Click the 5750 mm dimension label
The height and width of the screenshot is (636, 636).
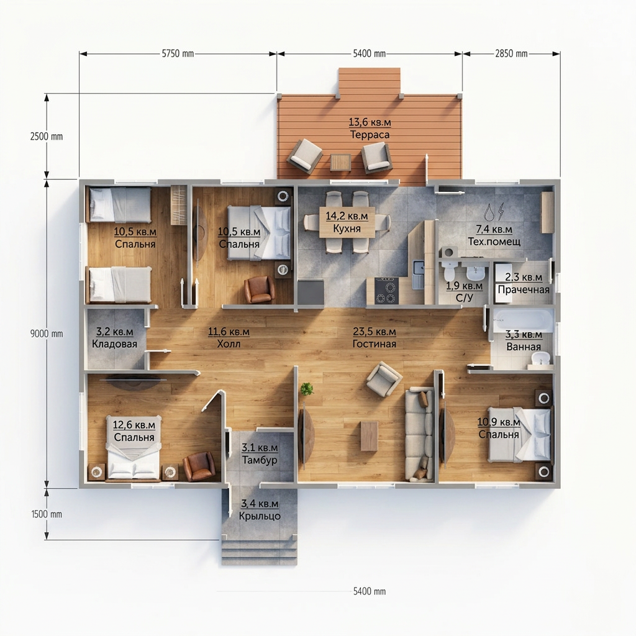click(x=178, y=53)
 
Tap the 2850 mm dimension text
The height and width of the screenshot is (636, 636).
click(x=511, y=53)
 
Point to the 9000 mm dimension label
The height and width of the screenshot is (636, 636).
click(x=47, y=334)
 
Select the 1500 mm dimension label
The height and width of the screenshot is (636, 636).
click(x=47, y=514)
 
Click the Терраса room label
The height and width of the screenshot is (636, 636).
click(x=370, y=135)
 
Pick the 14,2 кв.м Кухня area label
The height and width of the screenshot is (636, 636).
click(x=347, y=222)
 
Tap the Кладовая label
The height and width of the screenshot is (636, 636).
click(x=114, y=344)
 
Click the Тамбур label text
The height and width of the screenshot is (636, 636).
click(x=260, y=460)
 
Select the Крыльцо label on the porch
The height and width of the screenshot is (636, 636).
click(x=260, y=516)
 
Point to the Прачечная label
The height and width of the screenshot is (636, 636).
click(x=523, y=289)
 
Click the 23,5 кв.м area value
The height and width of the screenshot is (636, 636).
click(x=374, y=332)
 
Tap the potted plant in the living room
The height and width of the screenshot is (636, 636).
click(x=307, y=389)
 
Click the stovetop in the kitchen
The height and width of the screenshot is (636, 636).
click(x=386, y=291)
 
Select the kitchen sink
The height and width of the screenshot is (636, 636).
click(x=419, y=274)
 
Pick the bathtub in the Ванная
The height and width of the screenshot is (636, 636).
click(x=522, y=320)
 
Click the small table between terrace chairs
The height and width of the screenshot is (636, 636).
click(x=340, y=162)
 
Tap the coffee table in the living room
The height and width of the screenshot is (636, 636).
click(x=369, y=437)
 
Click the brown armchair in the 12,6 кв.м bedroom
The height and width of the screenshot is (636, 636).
click(x=199, y=466)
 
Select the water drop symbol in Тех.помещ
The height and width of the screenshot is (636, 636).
click(x=489, y=212)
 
